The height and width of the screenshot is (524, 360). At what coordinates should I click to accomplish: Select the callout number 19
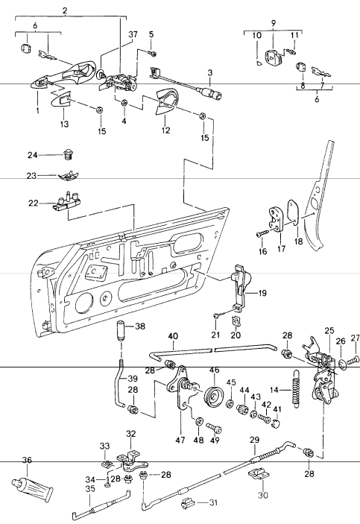262,294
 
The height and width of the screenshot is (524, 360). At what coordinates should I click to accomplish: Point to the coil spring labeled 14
297,388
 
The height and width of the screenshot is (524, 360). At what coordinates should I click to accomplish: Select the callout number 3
210,73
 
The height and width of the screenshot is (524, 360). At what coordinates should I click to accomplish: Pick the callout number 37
133,35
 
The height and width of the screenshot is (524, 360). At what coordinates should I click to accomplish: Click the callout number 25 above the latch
328,330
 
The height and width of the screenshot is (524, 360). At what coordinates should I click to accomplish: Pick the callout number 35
90,490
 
